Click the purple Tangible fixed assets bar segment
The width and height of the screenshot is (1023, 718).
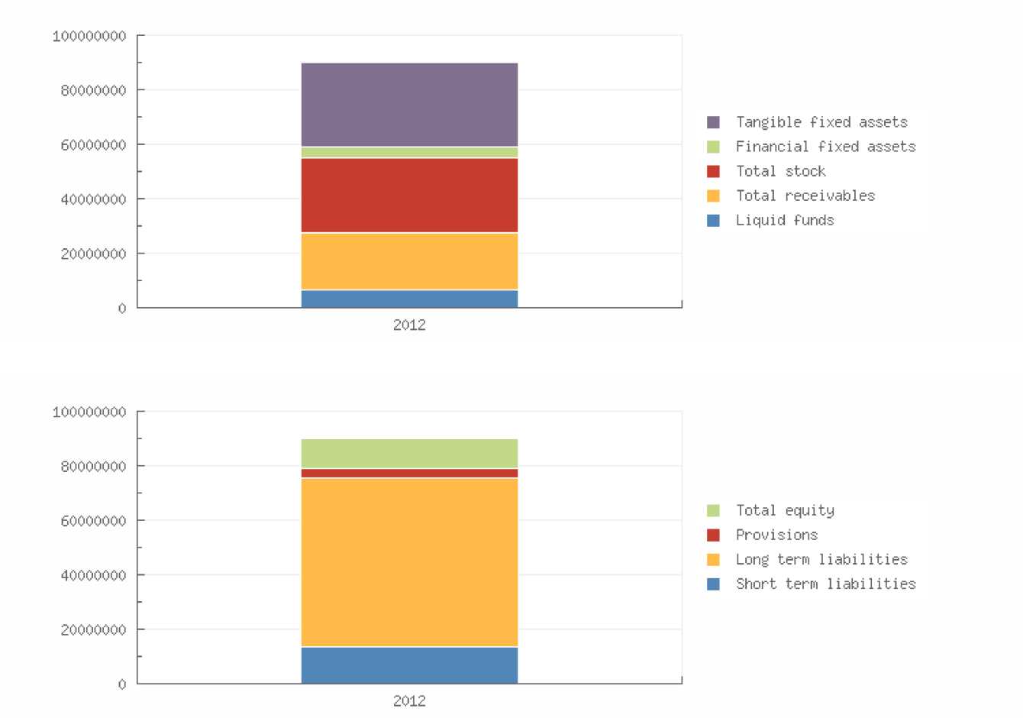tap(409, 105)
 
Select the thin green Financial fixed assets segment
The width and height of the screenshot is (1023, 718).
tap(409, 153)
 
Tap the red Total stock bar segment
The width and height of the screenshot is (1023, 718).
tap(409, 195)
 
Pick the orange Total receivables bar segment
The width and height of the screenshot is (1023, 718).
tap(409, 261)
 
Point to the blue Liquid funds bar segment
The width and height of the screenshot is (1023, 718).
tap(409, 299)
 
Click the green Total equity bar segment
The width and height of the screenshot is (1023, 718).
tap(409, 454)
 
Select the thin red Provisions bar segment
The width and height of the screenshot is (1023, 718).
tap(409, 474)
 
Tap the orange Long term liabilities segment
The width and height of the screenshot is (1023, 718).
tap(409, 562)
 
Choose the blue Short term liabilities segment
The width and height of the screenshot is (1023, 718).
tap(409, 665)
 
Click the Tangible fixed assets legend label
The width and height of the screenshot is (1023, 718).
tap(821, 122)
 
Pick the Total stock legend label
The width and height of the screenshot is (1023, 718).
tap(780, 171)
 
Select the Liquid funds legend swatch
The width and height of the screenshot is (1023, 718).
tap(713, 221)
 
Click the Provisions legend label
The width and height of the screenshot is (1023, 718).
tap(776, 535)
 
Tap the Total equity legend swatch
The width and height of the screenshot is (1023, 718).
tap(713, 510)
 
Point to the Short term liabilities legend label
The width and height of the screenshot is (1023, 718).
tap(825, 584)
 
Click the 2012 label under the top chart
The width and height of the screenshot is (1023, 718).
tap(409, 325)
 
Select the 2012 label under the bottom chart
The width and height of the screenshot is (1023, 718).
tap(409, 700)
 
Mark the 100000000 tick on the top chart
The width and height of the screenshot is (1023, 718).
tap(89, 36)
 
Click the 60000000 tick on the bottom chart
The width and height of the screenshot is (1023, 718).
tap(93, 521)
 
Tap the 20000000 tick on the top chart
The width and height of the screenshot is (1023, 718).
tap(93, 254)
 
